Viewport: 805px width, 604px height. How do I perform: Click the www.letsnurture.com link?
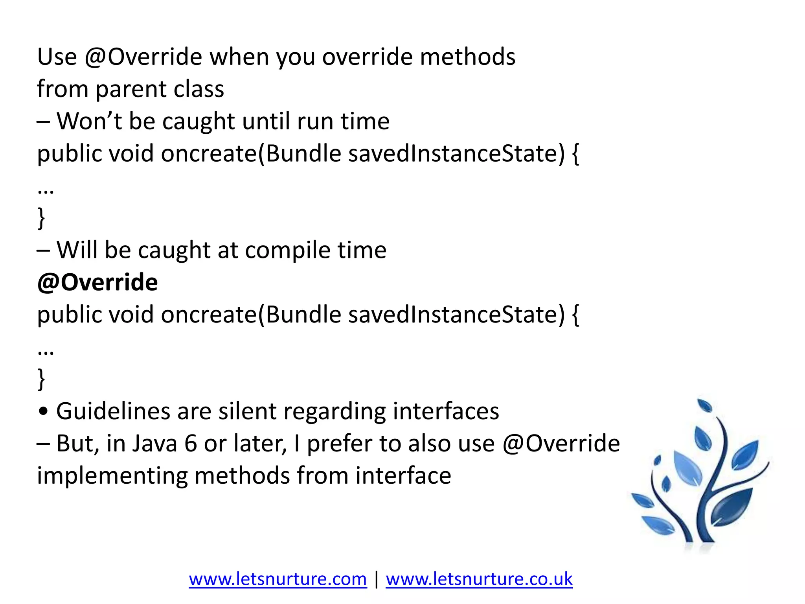(x=278, y=579)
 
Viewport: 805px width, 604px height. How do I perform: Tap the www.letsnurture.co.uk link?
(x=479, y=579)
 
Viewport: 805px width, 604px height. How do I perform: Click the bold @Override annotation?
(x=97, y=282)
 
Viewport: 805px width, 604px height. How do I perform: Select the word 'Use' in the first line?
(x=57, y=57)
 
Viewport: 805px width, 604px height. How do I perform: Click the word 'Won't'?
(x=89, y=121)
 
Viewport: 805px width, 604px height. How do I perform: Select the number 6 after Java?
(x=190, y=444)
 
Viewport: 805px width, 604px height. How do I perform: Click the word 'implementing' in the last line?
(x=112, y=476)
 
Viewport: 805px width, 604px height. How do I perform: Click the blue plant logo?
(x=700, y=476)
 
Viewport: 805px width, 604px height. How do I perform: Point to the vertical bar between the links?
(x=377, y=579)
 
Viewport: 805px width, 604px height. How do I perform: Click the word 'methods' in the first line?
(x=467, y=57)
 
